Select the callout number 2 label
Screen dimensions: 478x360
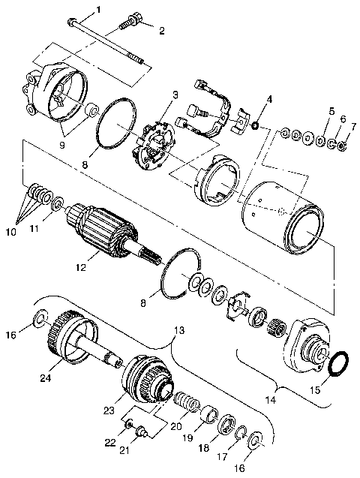click(x=159, y=30)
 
